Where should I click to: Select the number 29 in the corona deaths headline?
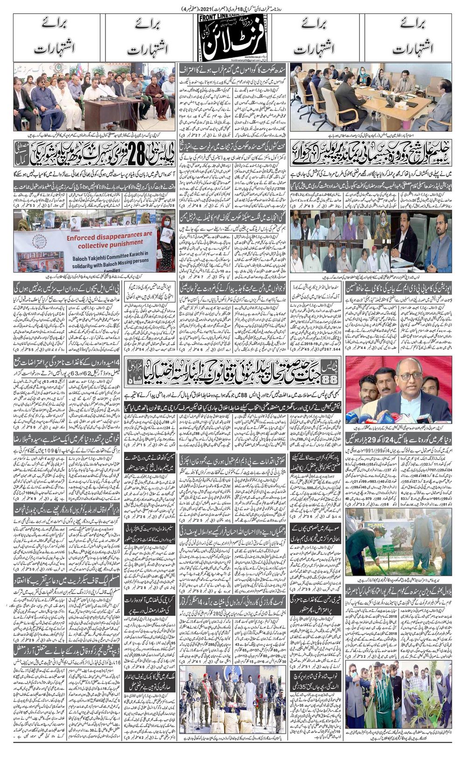click(x=373, y=438)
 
